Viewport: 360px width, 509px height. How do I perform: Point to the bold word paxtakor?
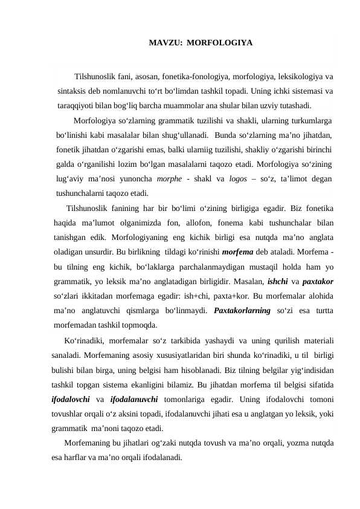click(x=317, y=281)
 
